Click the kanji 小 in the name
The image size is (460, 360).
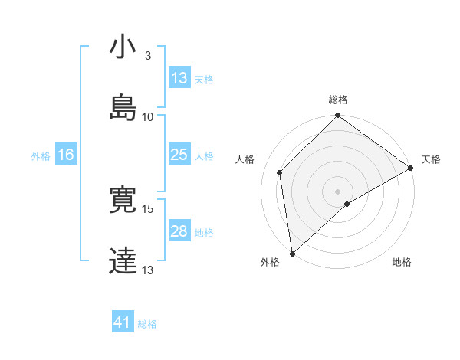pos(122,47)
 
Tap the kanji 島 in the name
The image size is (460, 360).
pos(123,107)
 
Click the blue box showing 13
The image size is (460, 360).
pos(179,78)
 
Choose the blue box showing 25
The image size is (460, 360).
pos(179,155)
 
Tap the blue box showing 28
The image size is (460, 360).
pos(179,231)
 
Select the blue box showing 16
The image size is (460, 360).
pos(66,155)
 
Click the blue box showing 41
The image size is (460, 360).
pos(123,322)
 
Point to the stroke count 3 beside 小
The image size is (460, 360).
pos(147,57)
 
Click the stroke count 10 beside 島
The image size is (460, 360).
pos(148,116)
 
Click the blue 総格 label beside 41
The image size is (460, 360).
pos(147,324)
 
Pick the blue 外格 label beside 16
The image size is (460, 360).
pos(41,155)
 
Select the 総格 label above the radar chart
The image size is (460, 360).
pos(338,100)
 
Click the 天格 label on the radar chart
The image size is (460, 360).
pos(431,159)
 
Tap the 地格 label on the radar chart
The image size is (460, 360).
pos(402,263)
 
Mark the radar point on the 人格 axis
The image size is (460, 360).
pos(280,172)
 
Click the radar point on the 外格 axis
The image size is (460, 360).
pos(292,254)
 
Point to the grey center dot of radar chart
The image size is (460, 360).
pos(338,191)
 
